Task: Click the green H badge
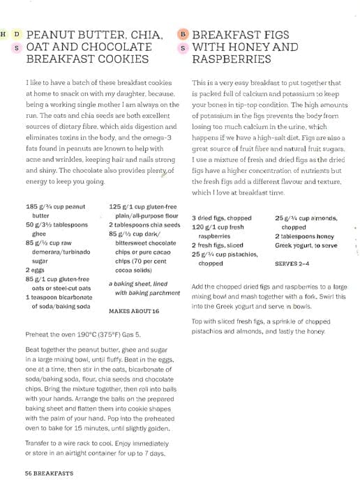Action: click(x=4, y=33)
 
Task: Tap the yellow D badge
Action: click(x=17, y=33)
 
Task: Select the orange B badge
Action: click(x=183, y=33)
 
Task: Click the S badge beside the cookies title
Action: click(x=17, y=47)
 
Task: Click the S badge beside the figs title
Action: click(x=183, y=47)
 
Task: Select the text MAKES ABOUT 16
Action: click(x=134, y=310)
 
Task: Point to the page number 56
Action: click(x=29, y=473)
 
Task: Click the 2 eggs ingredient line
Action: click(x=34, y=267)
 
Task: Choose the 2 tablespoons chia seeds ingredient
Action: click(x=144, y=225)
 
